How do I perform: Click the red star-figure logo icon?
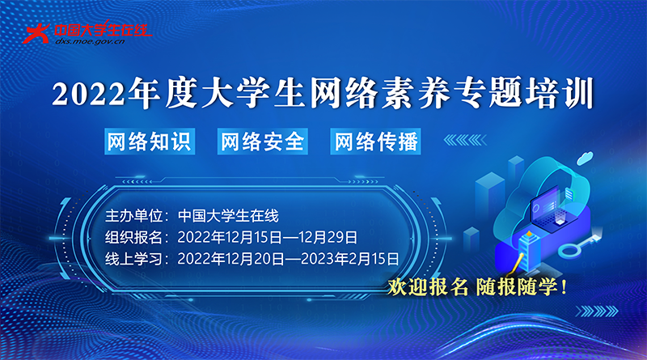(x=36, y=33)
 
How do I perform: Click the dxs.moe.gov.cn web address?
(x=90, y=41)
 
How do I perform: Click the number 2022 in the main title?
(x=88, y=94)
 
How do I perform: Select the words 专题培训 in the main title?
(x=523, y=93)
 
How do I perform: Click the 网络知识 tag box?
(x=150, y=142)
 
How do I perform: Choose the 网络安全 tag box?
(x=262, y=142)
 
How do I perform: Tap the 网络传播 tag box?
(x=375, y=142)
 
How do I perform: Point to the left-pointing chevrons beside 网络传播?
(x=465, y=140)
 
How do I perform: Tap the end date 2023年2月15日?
(x=350, y=259)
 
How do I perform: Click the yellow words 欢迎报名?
(x=428, y=286)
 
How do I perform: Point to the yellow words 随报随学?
(x=517, y=286)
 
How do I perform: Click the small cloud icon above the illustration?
(x=585, y=158)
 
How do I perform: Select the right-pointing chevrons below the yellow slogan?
(x=597, y=311)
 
